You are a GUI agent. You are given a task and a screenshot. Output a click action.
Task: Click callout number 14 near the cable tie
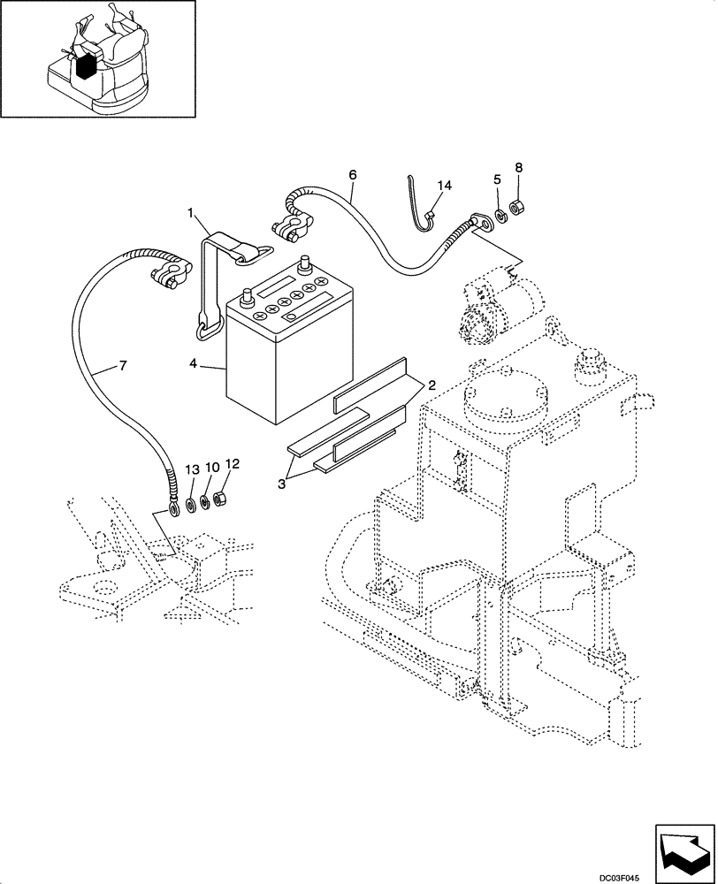pos(444,186)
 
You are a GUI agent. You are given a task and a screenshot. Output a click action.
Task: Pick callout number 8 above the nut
pos(519,167)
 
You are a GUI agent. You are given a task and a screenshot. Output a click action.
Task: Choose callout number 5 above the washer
pos(498,179)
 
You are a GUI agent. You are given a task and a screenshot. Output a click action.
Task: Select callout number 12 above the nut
pos(232,463)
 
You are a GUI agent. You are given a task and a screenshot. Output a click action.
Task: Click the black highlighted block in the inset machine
pos(86,66)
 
